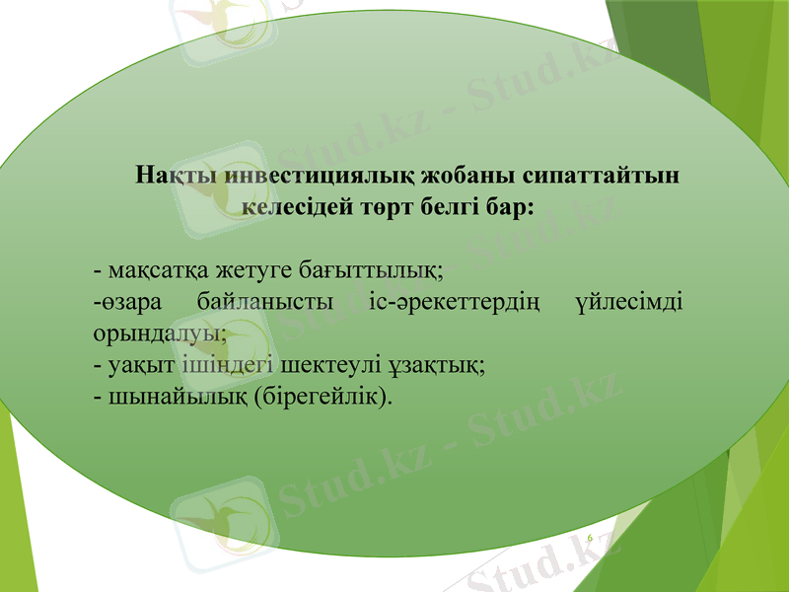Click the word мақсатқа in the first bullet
[x=151, y=268]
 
